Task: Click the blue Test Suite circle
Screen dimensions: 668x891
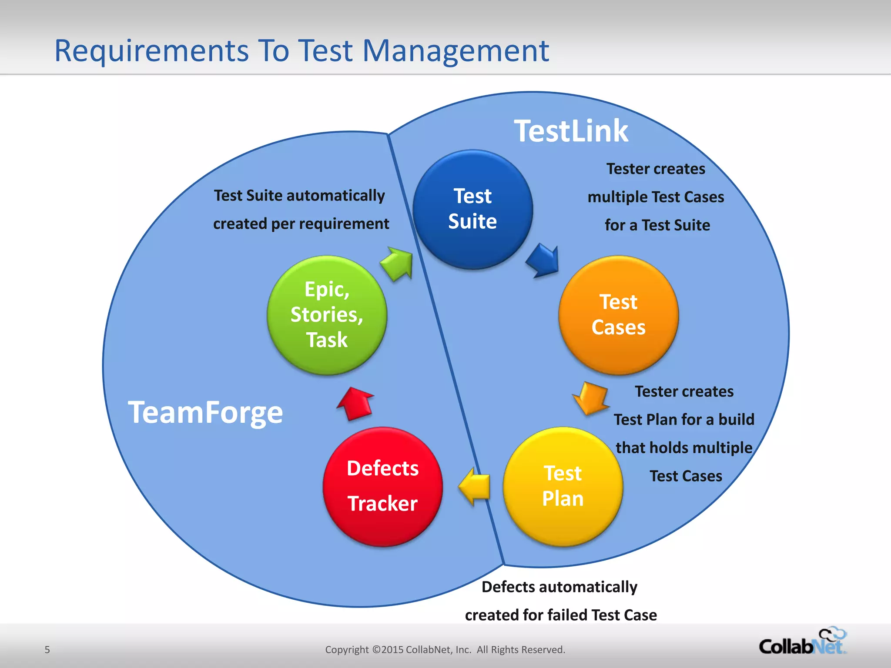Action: (x=472, y=209)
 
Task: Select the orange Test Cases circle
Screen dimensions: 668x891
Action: (x=618, y=315)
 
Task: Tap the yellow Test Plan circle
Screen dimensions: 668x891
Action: (x=563, y=486)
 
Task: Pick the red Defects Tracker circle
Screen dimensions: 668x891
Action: (x=382, y=486)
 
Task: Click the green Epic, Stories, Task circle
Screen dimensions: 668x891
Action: (x=327, y=315)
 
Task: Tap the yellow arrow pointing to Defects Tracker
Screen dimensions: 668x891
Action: (x=475, y=486)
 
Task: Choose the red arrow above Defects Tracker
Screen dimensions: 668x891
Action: (x=355, y=404)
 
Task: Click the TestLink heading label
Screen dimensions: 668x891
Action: (x=571, y=131)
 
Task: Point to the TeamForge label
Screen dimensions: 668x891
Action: (x=205, y=412)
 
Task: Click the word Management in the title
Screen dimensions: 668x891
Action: (x=456, y=51)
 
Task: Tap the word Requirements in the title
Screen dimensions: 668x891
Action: (x=151, y=51)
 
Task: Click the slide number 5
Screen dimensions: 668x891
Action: (x=47, y=650)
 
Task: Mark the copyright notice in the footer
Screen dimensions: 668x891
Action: (x=445, y=650)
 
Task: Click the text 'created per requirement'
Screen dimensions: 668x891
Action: (x=301, y=224)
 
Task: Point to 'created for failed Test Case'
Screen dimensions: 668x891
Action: (x=561, y=615)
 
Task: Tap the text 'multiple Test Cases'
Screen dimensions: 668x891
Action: (x=656, y=197)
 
